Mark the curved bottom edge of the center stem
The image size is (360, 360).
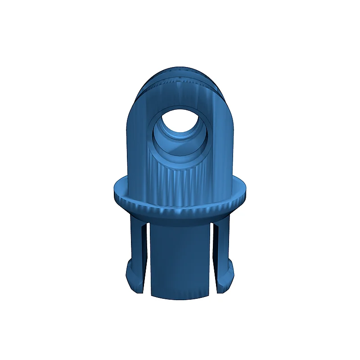tap(180, 298)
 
